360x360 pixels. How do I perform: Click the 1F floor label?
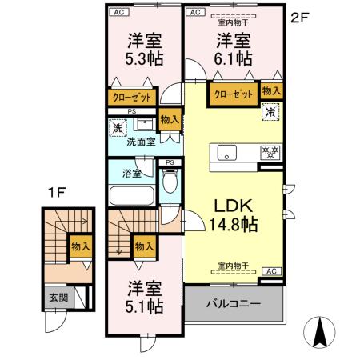(x=54, y=192)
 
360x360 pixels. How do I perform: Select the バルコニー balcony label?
(x=234, y=304)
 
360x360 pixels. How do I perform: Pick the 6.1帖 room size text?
(x=232, y=58)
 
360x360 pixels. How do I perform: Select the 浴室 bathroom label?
(x=131, y=171)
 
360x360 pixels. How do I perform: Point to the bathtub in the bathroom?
(x=132, y=194)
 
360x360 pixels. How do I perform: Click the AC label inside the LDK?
(x=270, y=270)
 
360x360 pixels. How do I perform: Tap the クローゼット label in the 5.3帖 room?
(x=130, y=98)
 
